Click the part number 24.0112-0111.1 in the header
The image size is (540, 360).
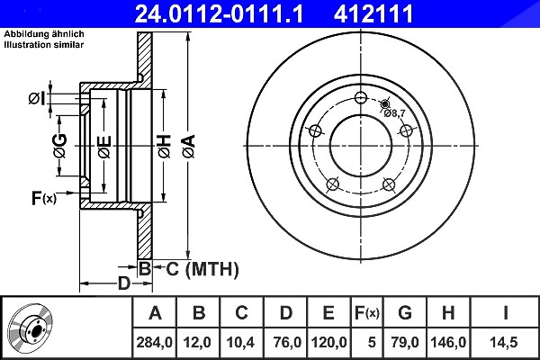coord(219,14)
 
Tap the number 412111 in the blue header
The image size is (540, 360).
coord(373,14)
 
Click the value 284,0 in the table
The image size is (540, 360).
coord(154,342)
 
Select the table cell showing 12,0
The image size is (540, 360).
coord(197,342)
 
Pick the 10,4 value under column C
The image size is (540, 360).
coord(240,342)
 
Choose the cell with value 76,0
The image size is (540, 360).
coord(287,342)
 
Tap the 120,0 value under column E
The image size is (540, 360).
coord(328,342)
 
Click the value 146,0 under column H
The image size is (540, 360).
coord(448,342)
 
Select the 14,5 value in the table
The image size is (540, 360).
coord(503,342)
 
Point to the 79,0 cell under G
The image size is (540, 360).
coord(405,342)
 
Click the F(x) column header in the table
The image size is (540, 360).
coord(367,313)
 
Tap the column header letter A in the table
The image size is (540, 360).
coord(156,313)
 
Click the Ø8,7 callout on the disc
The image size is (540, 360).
coord(395,113)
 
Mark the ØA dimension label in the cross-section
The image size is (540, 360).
coord(189,147)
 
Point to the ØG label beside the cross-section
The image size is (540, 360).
coord(60,146)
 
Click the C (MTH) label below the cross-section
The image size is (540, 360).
coord(202,269)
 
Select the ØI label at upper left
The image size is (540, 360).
coord(37,99)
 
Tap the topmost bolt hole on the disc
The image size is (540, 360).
coord(361,97)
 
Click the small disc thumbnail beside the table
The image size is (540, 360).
coord(31,329)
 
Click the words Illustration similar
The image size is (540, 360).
coord(44,45)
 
